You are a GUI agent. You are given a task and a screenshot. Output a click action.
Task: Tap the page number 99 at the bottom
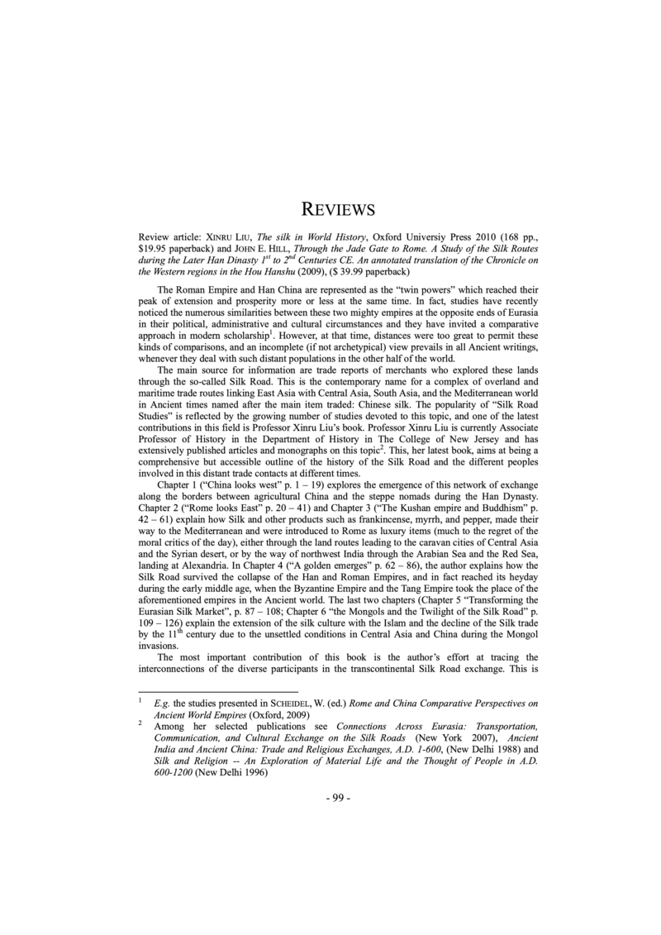338,798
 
